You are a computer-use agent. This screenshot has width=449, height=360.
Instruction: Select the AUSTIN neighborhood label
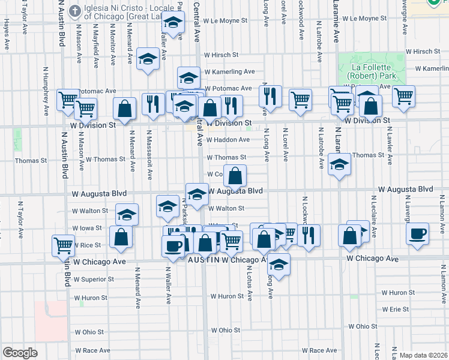point(203,260)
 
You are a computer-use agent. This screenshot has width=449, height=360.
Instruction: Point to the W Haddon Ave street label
point(228,140)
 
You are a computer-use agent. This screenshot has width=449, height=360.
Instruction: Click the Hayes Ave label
point(7,33)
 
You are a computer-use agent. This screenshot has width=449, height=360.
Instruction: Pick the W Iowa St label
point(86,229)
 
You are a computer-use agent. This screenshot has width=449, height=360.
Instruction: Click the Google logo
point(20,353)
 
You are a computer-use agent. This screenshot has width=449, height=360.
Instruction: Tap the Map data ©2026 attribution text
point(423,355)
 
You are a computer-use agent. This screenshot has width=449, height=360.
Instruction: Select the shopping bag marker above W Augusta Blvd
point(237,176)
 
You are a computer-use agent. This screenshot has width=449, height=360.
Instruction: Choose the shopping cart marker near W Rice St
point(63,245)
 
